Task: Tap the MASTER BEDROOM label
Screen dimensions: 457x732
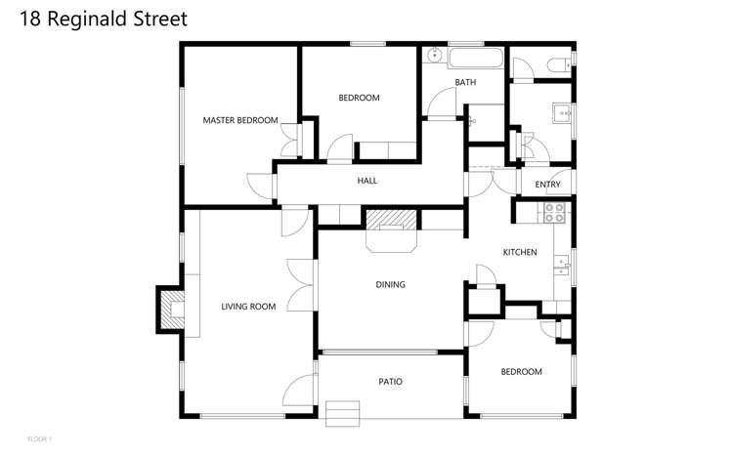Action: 239,120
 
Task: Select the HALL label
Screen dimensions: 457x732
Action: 366,181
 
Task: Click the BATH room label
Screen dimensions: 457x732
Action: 465,82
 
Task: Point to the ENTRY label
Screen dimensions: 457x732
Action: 547,185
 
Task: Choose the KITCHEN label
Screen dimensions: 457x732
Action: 519,252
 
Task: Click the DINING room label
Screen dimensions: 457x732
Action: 390,285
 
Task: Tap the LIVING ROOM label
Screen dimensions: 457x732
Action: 248,307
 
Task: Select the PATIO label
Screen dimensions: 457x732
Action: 390,382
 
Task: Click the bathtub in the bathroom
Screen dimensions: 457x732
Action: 475,58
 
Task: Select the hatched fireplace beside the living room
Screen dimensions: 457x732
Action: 170,310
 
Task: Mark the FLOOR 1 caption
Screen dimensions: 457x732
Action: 39,439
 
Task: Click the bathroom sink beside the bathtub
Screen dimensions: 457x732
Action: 434,56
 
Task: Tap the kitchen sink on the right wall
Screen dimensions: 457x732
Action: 563,262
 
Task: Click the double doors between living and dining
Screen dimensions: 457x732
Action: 302,285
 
